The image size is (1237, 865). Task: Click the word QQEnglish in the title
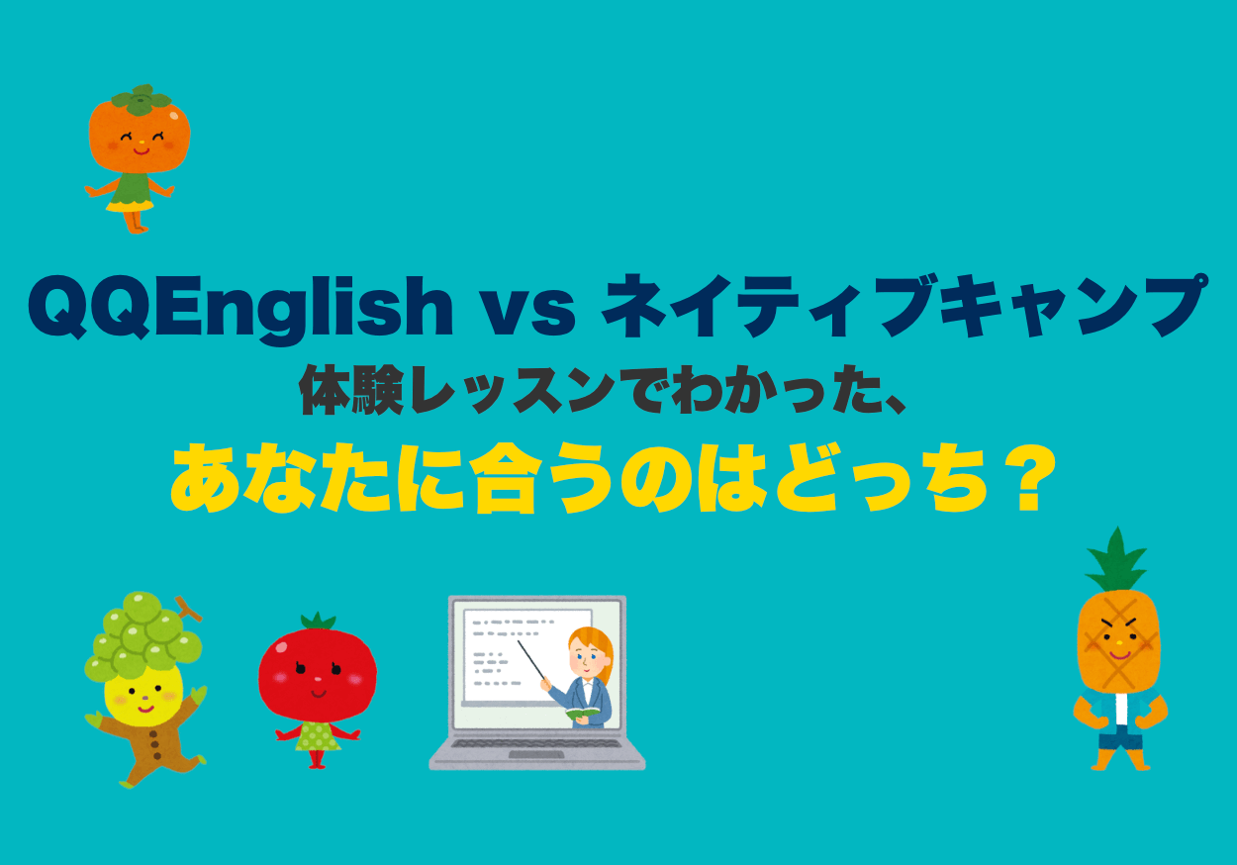click(x=240, y=311)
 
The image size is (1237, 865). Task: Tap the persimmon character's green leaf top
click(x=141, y=100)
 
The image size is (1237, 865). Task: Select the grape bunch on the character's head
click(x=143, y=635)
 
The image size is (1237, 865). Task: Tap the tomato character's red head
click(x=317, y=673)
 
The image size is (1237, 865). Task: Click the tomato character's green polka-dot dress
click(x=318, y=737)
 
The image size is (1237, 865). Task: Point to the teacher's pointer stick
click(x=530, y=659)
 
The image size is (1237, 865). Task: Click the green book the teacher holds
click(x=582, y=714)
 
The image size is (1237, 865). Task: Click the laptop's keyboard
click(x=536, y=743)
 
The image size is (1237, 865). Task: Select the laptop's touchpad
click(x=536, y=754)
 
